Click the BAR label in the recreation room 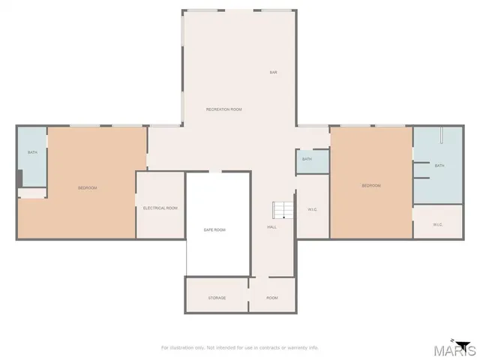tap(274, 73)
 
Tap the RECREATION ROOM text tap(224, 109)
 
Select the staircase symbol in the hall tap(280, 209)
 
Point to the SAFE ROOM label tap(214, 229)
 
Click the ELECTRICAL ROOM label tap(160, 208)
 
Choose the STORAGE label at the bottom tap(217, 298)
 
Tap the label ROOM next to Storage tap(272, 298)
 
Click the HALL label tap(272, 227)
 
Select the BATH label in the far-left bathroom tap(32, 153)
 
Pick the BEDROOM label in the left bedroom tap(87, 187)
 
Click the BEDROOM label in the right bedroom tap(371, 186)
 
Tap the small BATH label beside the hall tap(307, 159)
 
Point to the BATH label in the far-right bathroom tap(439, 166)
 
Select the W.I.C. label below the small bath tap(313, 209)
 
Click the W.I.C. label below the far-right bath tap(437, 225)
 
